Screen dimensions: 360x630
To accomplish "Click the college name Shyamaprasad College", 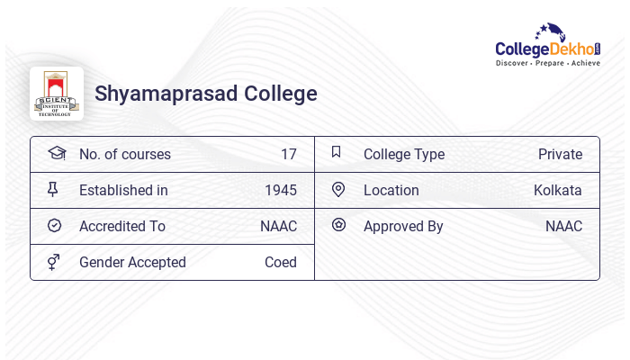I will [206, 94].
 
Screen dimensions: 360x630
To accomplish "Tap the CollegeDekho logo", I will [547, 45].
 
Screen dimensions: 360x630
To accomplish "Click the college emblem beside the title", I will [57, 94].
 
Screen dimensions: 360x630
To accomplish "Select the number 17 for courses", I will [288, 154].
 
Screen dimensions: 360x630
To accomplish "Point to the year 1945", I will [280, 190].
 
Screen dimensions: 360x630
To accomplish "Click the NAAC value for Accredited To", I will [278, 226].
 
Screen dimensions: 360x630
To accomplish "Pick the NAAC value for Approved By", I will [563, 226].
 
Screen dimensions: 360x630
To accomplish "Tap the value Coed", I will [280, 262].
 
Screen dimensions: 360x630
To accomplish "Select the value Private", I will [560, 154].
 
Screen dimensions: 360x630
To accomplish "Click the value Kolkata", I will [557, 190].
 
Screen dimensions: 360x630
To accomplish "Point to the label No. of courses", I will [124, 154].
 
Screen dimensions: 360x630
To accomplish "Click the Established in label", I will [123, 190].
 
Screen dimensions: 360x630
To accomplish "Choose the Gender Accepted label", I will [132, 262].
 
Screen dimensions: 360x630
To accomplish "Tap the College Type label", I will [403, 154].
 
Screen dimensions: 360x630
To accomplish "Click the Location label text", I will [391, 190].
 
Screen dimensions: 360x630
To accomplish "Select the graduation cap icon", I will [56, 153].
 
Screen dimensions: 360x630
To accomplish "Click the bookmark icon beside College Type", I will [336, 152].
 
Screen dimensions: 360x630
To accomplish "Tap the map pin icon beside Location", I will [338, 189].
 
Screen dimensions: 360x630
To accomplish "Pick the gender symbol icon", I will [54, 261].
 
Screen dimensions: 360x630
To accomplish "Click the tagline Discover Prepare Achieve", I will [547, 63].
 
